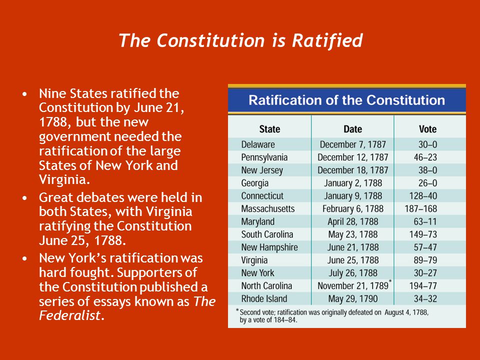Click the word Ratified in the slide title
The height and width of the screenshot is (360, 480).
(327, 40)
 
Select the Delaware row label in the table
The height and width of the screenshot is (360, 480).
(258, 144)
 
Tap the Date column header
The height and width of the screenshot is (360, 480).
(352, 129)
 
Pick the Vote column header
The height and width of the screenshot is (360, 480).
(427, 129)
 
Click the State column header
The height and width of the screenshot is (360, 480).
(269, 129)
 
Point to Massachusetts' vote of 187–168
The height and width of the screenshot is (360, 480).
(421, 209)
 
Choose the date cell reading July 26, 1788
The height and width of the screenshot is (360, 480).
(353, 273)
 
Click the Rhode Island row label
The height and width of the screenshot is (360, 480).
(264, 298)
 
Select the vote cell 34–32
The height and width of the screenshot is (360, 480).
(425, 298)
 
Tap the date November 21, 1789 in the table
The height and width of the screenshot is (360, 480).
(353, 285)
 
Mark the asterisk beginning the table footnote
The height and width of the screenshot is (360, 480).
(237, 310)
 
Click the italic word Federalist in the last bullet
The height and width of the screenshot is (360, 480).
(70, 315)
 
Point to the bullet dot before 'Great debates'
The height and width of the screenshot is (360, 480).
(25, 198)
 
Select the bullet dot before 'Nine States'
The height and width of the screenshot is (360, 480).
(25, 93)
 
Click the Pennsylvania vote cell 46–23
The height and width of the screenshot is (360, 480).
(425, 157)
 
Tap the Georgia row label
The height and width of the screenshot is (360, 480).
(254, 183)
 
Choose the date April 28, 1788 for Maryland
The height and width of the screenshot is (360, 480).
(353, 221)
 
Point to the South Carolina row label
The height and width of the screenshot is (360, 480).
(267, 234)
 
